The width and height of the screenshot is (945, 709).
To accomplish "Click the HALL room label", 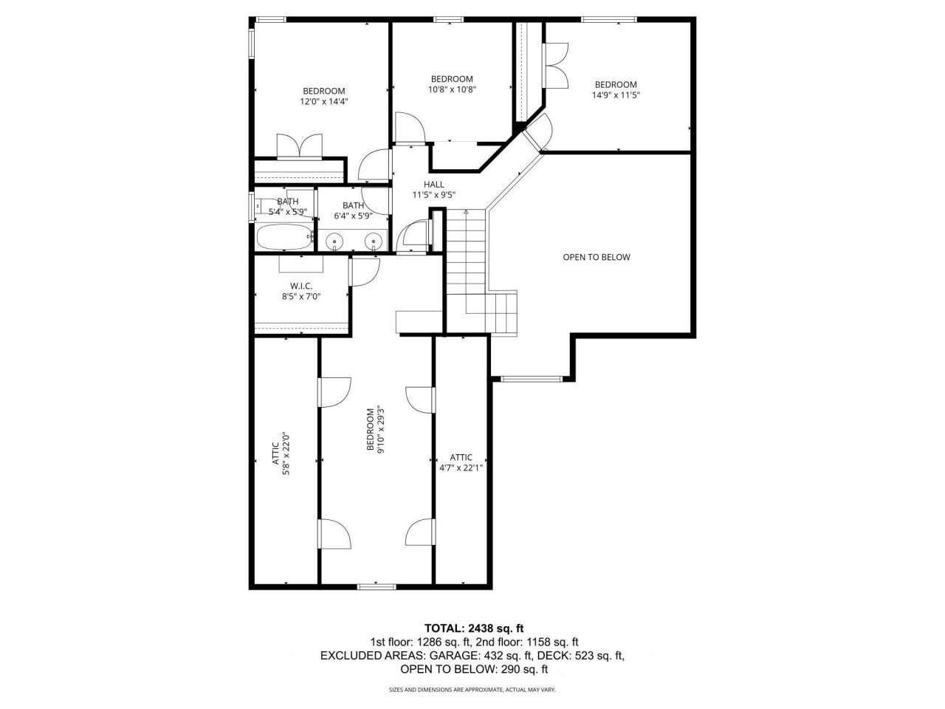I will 433,185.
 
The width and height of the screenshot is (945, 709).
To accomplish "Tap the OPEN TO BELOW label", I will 597,258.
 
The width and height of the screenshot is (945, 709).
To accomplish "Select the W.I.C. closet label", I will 300,285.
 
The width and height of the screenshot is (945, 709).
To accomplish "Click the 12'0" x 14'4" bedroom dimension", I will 323,102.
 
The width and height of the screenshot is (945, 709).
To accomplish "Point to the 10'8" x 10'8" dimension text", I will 452,89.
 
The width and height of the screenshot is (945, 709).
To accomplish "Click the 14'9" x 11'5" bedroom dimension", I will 616,95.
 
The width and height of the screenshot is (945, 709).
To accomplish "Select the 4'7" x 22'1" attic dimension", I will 461,467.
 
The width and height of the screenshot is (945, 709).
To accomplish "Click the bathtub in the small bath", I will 281,239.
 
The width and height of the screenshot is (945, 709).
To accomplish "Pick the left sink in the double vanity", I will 335,241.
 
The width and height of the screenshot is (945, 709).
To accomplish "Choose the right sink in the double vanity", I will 375,241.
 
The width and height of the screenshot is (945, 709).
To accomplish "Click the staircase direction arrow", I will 465,212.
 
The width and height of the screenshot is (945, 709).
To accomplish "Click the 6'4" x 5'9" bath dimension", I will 353,216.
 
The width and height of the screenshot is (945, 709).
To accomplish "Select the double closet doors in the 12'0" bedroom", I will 299,145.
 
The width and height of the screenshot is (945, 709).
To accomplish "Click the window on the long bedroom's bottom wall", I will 377,587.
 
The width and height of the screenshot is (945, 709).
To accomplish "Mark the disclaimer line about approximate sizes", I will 472,690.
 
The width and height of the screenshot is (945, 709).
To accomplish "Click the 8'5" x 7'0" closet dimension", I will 300,296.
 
